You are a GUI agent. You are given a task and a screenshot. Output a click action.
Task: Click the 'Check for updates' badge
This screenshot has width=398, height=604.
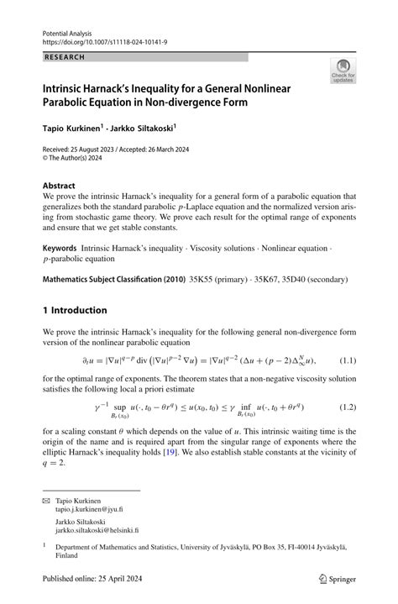pos(343,71)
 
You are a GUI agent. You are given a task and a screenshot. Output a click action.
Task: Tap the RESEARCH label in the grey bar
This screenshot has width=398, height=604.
pos(64,57)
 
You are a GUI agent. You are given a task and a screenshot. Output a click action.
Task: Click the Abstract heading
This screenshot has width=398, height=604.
pos(60,184)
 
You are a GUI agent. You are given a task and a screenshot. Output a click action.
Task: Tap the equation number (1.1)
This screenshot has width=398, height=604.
pos(344,360)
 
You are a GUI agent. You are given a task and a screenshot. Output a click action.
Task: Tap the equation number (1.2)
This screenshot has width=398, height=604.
pos(344,407)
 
